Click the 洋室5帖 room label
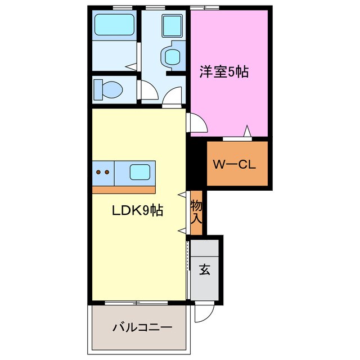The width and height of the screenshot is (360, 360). click(223, 72)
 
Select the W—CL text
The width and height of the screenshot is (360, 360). click(234, 165)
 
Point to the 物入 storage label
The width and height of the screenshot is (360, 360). click(196, 212)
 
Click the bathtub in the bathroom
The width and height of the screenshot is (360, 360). click(114, 25)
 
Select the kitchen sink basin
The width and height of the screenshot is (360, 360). click(139, 172)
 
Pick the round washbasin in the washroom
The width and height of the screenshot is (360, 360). click(172, 56)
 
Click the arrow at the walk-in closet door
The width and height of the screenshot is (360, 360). click(246, 132)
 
